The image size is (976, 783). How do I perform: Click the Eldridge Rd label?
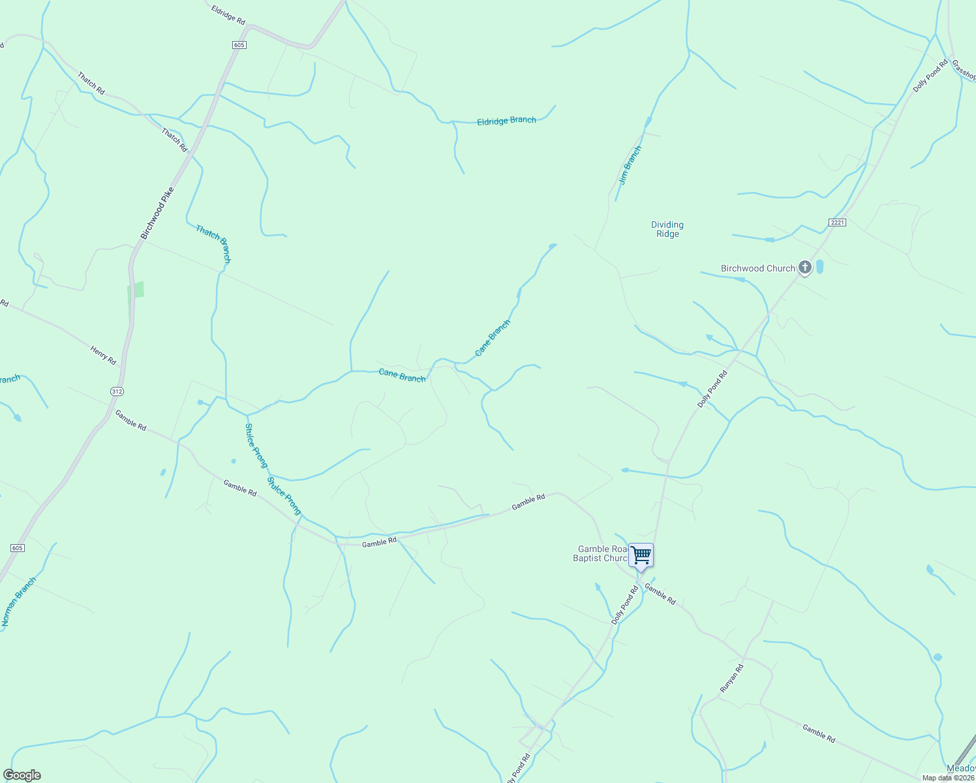[228, 14]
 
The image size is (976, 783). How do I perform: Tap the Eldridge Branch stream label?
[506, 121]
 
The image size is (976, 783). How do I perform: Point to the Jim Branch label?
[630, 165]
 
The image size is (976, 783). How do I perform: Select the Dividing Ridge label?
[667, 229]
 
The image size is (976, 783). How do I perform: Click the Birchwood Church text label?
[757, 268]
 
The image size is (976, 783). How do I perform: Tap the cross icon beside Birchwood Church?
[805, 267]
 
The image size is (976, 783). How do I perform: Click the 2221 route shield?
[837, 223]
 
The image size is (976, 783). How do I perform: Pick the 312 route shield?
[117, 391]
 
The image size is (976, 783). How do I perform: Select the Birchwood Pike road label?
[157, 213]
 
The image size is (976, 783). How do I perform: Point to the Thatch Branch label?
[213, 244]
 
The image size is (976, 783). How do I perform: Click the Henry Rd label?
[103, 356]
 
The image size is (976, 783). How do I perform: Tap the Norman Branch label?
[18, 602]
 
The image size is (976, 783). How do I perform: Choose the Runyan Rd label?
[731, 679]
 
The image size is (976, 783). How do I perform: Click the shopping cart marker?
[641, 556]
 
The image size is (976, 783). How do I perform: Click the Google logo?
[22, 775]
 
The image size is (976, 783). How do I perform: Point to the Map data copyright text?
[948, 778]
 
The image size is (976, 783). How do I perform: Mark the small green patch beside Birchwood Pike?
[136, 290]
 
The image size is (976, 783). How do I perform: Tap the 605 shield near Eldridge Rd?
[239, 44]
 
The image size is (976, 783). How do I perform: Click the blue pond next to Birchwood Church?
[820, 267]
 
